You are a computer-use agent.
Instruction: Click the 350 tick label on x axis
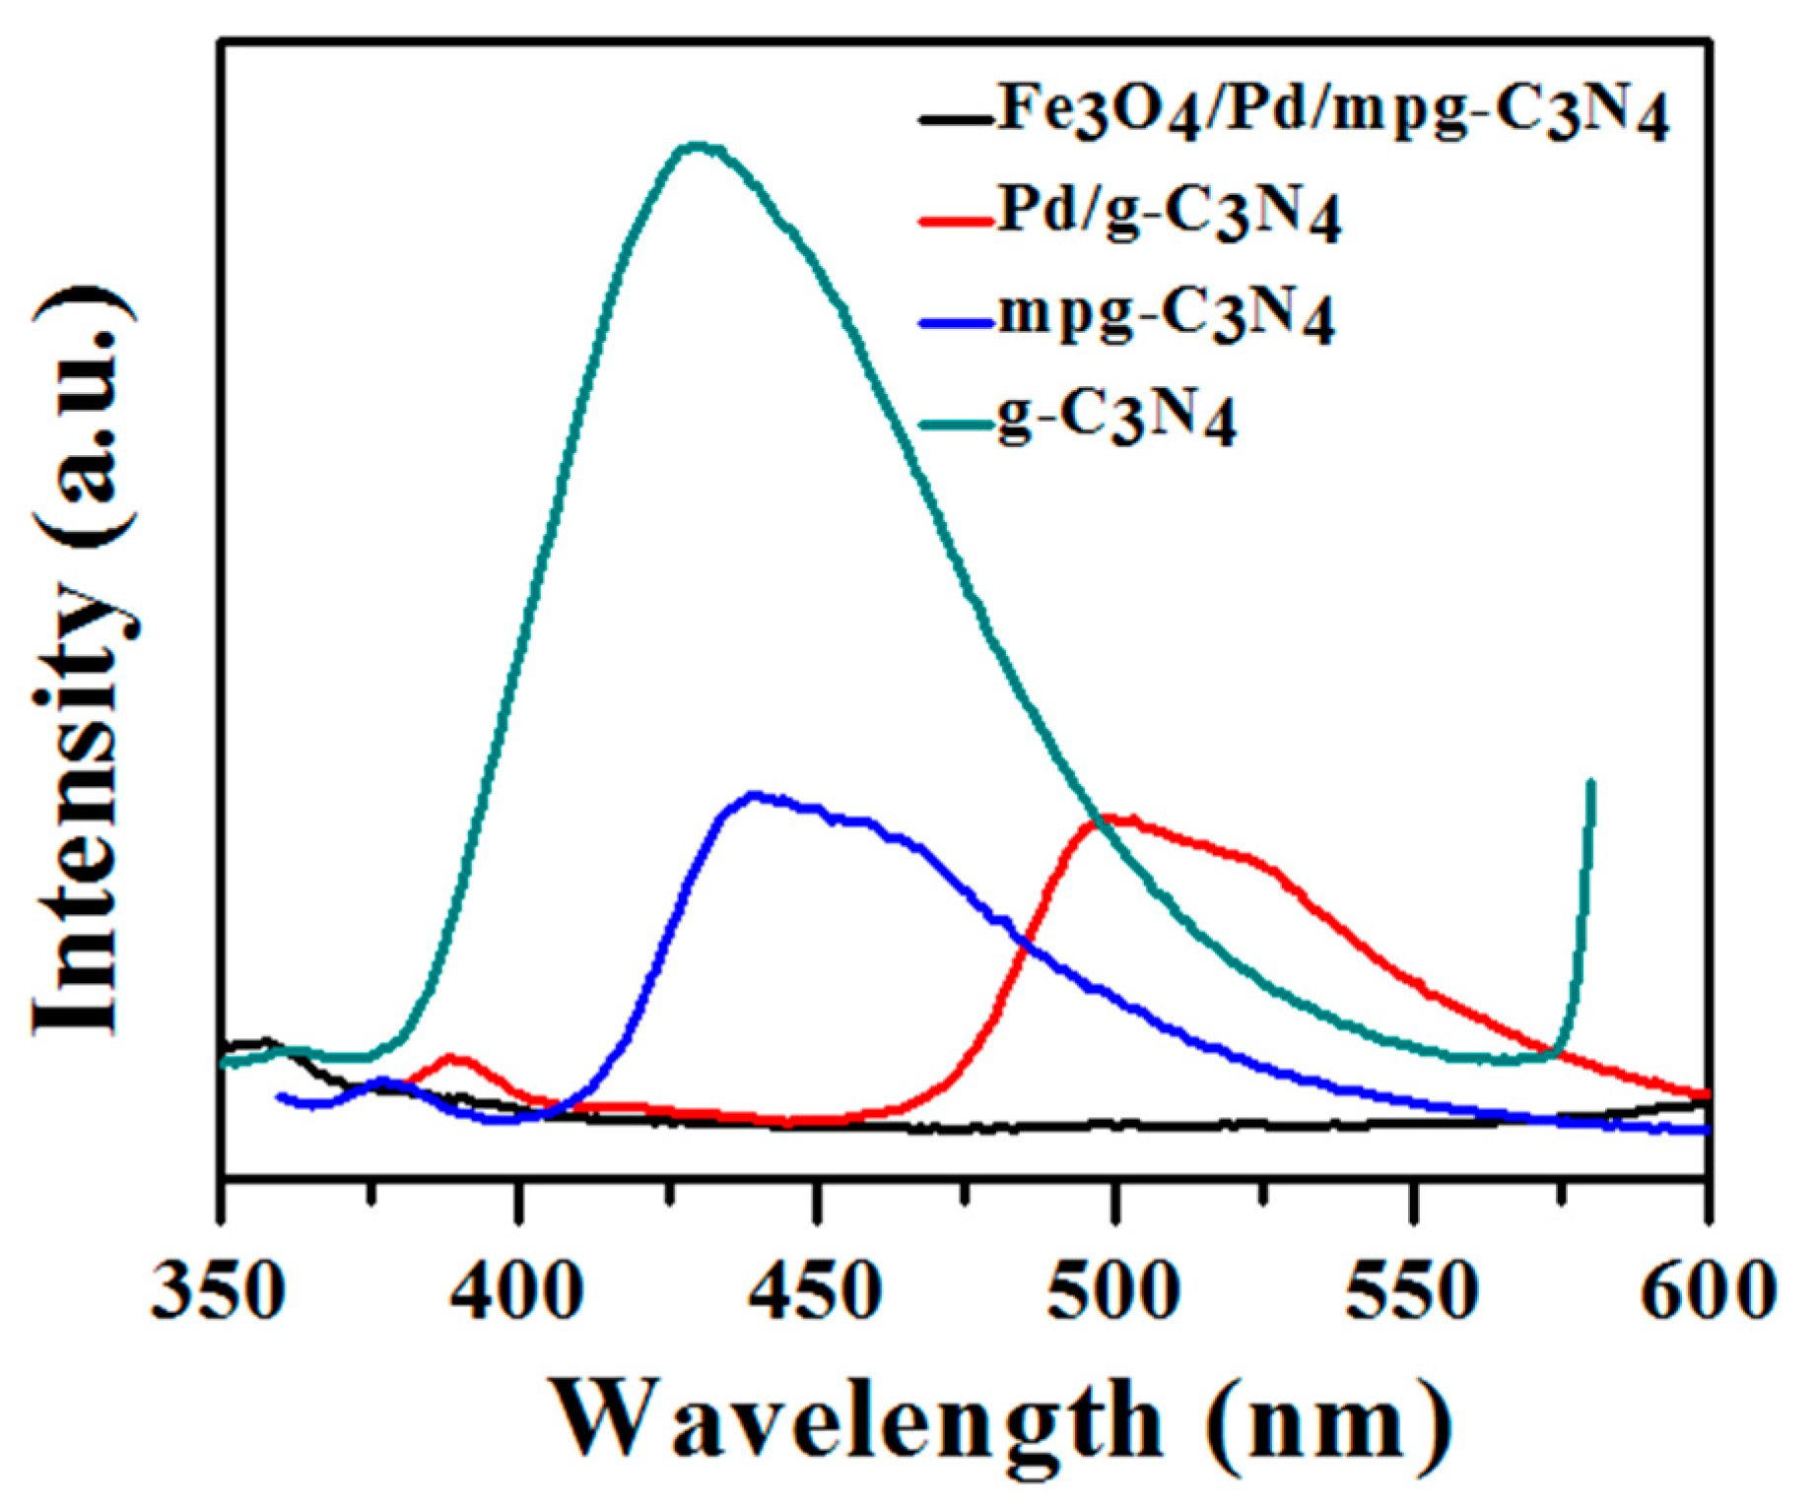219,1289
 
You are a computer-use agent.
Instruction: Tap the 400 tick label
517,1289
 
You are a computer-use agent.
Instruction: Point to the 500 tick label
1113,1289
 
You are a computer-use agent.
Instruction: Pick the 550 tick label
1412,1289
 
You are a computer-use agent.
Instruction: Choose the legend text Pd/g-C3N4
1169,214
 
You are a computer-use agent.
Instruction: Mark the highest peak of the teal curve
698,146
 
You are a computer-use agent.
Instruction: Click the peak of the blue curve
754,794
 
